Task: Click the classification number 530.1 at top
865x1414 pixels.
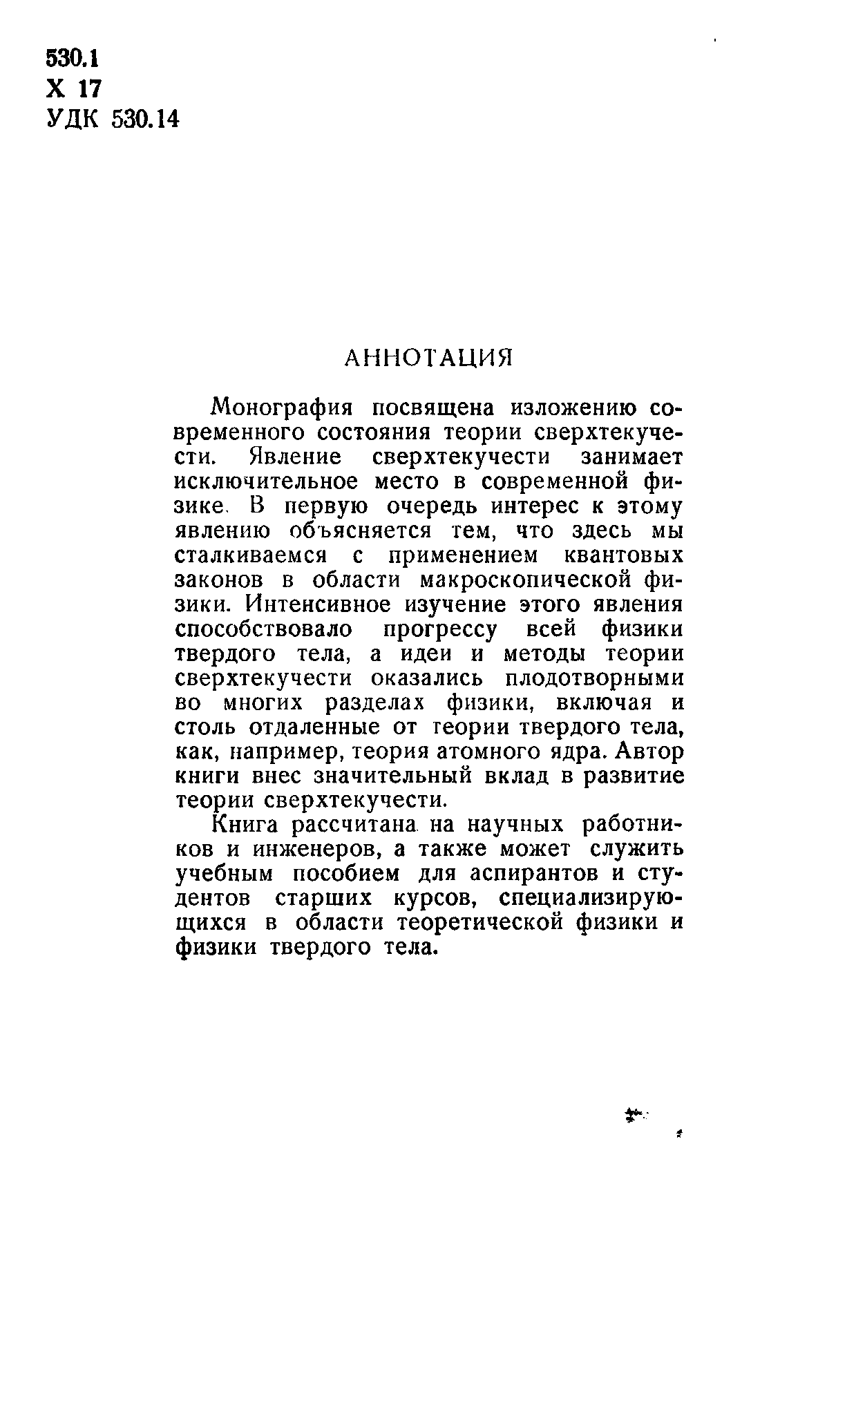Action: click(73, 59)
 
